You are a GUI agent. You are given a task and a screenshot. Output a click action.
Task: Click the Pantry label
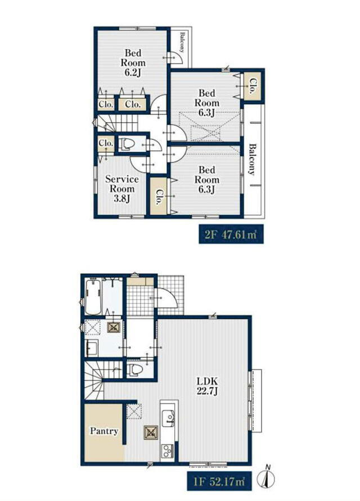[104, 431]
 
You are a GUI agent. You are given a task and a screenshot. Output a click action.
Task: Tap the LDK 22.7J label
[207, 386]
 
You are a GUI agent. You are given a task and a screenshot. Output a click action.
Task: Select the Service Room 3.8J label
[122, 188]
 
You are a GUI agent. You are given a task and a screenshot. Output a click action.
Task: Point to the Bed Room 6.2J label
[133, 62]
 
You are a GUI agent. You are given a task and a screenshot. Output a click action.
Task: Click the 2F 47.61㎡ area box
[231, 234]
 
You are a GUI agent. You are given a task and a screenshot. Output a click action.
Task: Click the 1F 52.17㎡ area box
[219, 481]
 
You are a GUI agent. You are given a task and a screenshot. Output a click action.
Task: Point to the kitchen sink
[168, 418]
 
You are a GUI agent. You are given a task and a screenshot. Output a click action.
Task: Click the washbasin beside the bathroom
[92, 347]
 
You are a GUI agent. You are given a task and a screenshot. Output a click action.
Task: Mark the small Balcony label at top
[182, 42]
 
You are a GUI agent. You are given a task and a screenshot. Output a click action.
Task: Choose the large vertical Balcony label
[252, 160]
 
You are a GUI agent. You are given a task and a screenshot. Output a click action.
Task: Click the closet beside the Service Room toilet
[106, 143]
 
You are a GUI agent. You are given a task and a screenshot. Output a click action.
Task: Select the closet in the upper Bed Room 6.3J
[251, 85]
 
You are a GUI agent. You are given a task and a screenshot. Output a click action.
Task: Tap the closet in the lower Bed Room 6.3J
[159, 196]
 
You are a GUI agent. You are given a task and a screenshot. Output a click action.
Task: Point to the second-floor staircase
[116, 123]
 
